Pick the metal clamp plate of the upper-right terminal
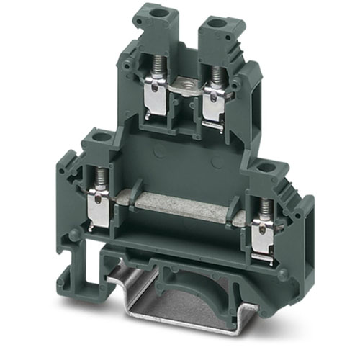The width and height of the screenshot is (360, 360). (x=214, y=105)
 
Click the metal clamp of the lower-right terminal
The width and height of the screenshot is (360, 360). (x=264, y=238)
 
